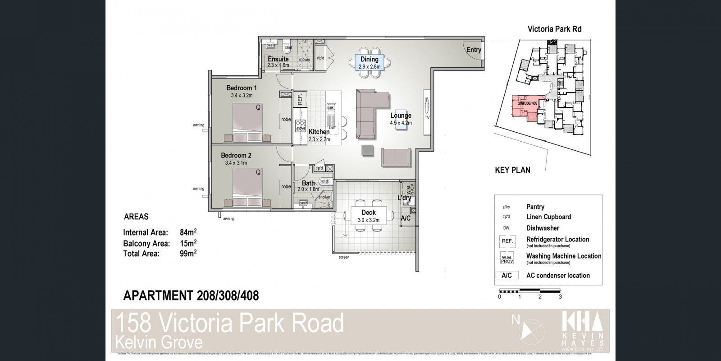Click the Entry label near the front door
coord(474,50)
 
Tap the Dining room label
coord(369,59)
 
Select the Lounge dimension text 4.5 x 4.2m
coord(401,123)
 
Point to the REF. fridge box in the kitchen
coord(299,100)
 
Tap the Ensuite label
coord(278,59)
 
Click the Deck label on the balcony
coord(369,213)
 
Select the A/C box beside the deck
coord(406,218)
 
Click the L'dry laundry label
coord(404,198)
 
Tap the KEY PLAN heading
coord(512,170)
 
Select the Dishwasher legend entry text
coord(543,228)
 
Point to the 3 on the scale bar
coord(560,297)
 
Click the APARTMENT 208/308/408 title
coord(191,296)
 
